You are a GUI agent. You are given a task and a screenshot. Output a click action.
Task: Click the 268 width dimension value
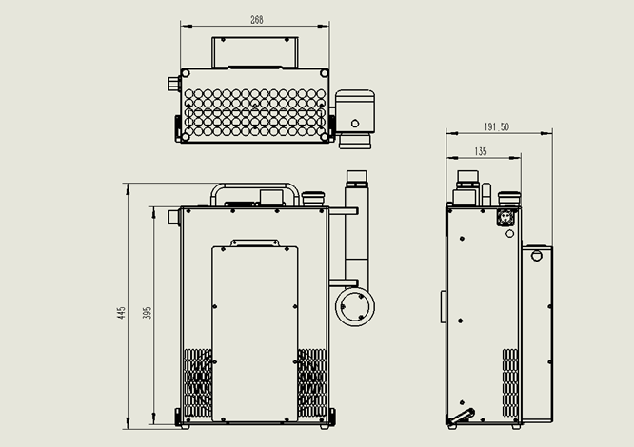coord(257,19)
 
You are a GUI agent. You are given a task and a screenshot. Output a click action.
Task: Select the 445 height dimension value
coord(121,313)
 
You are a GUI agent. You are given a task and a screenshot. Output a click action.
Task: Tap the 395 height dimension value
coord(148,313)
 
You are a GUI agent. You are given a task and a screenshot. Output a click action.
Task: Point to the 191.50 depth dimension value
coord(497,126)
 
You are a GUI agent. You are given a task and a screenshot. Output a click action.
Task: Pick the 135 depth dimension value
coord(481,151)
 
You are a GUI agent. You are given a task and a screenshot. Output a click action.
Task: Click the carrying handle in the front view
coord(255,187)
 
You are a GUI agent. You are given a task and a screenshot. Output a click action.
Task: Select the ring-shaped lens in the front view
coord(355,306)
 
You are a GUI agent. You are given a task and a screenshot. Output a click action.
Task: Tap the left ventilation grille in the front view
coord(198,382)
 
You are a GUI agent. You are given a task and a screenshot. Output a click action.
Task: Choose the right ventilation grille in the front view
coord(312,382)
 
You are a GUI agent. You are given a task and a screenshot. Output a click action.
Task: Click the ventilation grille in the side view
coord(510,382)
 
